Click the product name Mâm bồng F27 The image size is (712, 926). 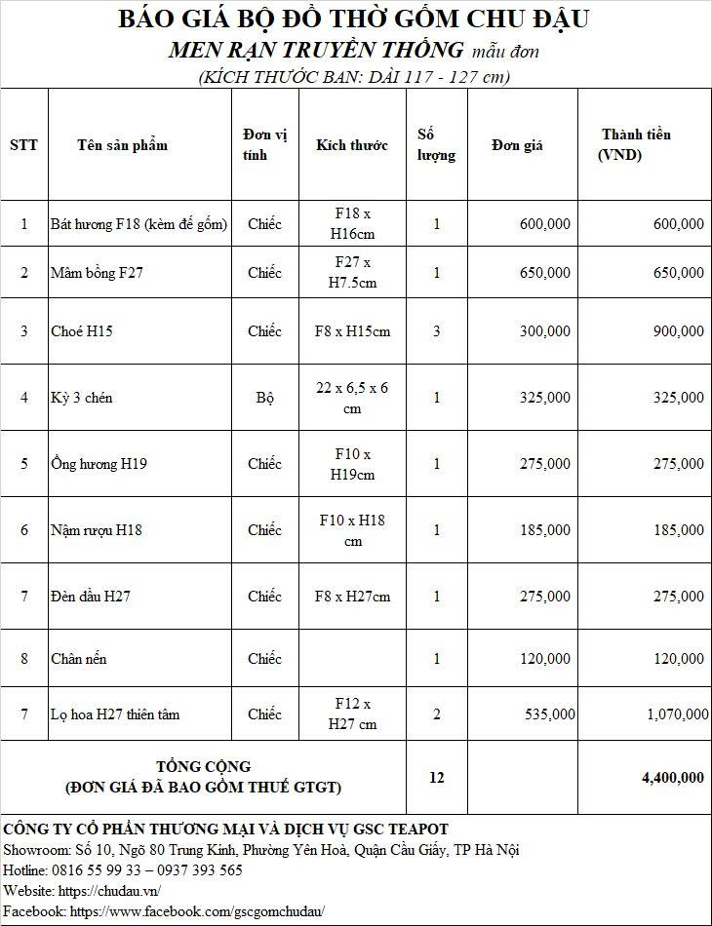[x=97, y=273]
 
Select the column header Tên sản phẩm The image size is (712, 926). [x=122, y=145]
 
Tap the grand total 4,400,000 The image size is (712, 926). [x=672, y=777]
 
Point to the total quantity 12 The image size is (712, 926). [x=436, y=777]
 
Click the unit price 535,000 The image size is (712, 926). [x=549, y=714]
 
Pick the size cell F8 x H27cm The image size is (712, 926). [x=352, y=597]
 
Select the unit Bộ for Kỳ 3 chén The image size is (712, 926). [x=264, y=398]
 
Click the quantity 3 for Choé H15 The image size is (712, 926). [x=436, y=331]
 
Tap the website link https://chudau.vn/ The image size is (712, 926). [x=109, y=891]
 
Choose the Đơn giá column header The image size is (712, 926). [x=517, y=145]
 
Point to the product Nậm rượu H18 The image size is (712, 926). [x=97, y=530]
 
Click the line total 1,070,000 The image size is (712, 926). [x=677, y=714]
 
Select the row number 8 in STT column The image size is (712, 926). [x=24, y=659]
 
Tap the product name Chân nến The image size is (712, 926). [x=79, y=659]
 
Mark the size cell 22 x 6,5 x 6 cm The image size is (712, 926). [x=352, y=398]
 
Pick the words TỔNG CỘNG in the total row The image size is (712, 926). [x=203, y=766]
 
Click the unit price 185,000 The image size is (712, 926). [x=545, y=530]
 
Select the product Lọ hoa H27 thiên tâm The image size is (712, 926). [x=115, y=714]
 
